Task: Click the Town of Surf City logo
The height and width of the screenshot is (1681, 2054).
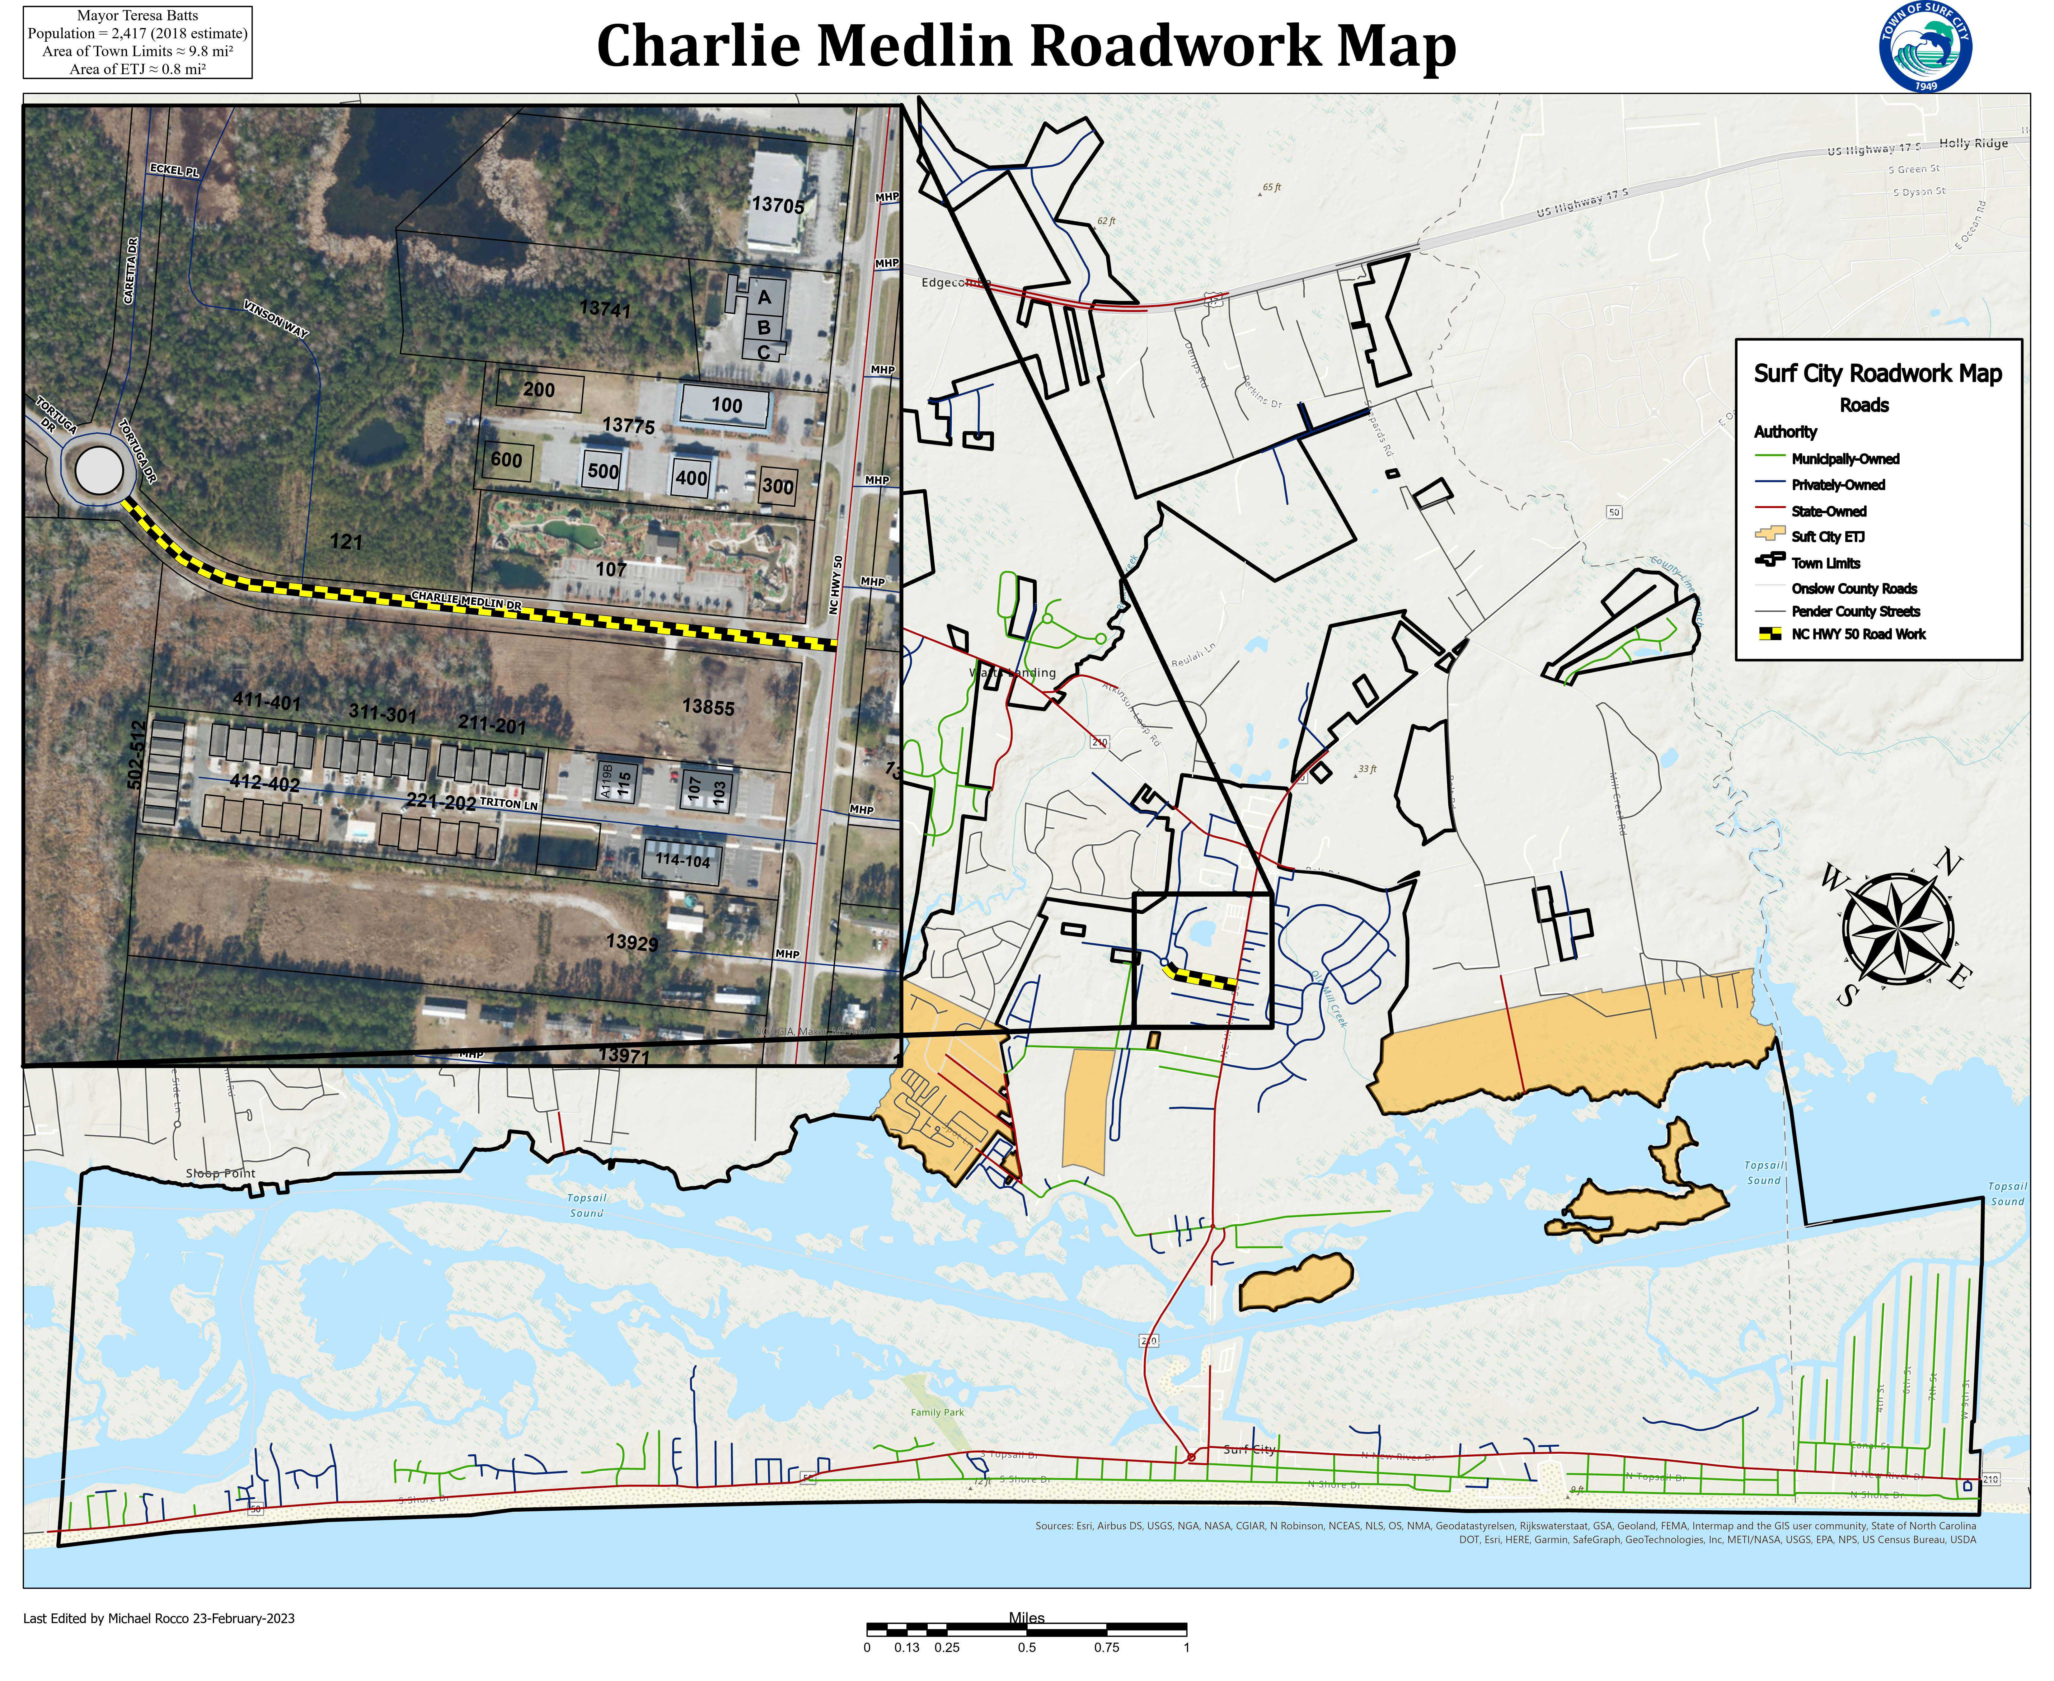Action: [x=1925, y=46]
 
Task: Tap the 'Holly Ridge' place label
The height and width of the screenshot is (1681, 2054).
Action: [x=1973, y=143]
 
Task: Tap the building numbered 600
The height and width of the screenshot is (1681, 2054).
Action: [x=506, y=460]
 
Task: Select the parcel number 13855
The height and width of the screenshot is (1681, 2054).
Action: [x=708, y=707]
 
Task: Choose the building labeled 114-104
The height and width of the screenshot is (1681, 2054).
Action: [x=682, y=860]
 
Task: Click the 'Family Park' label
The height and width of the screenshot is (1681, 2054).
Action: [x=937, y=1412]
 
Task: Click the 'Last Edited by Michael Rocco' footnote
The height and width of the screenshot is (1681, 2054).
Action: [x=159, y=1618]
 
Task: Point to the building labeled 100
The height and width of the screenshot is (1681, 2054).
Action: [x=726, y=406]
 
